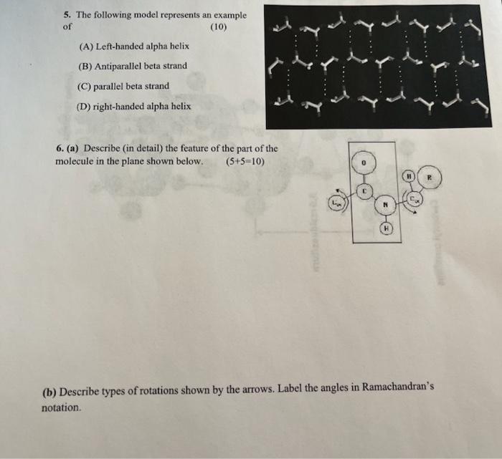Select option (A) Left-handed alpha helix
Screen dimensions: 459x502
[x=134, y=46]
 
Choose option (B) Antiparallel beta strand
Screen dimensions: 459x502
[x=133, y=66]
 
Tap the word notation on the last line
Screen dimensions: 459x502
[x=62, y=408]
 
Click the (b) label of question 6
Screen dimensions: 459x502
[x=49, y=392]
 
